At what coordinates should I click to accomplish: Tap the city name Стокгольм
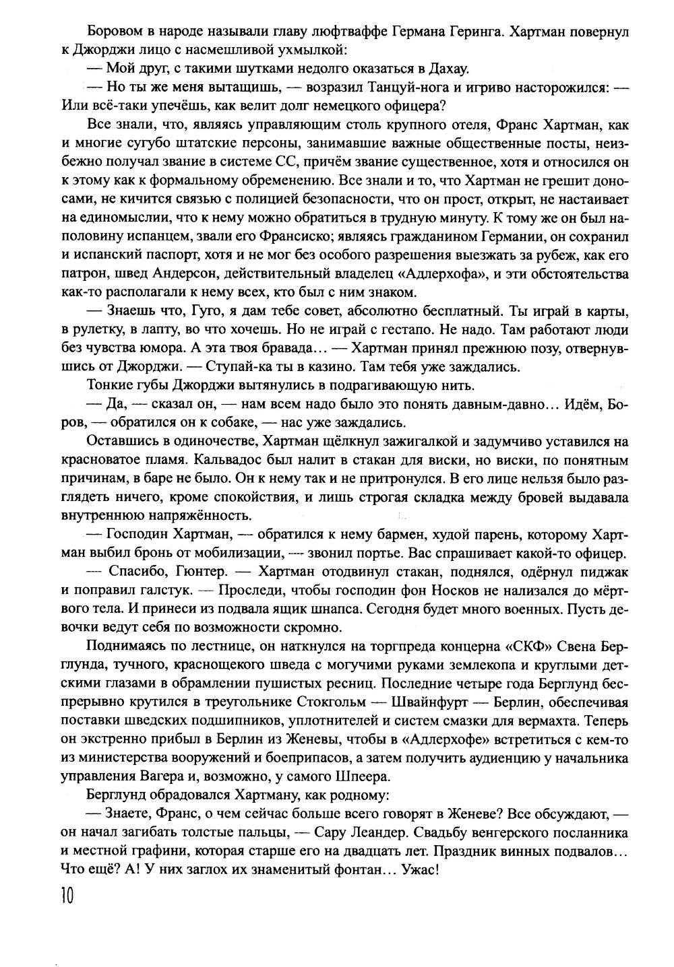tap(333, 702)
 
